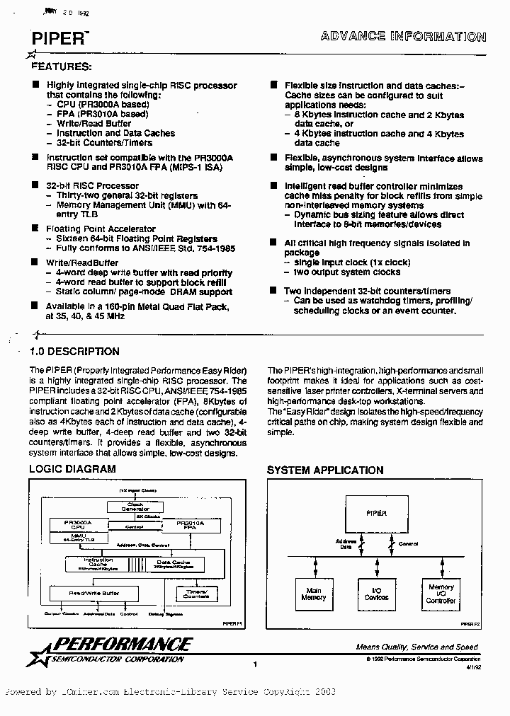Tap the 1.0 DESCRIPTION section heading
[x=74, y=352]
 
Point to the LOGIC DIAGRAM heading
[x=72, y=469]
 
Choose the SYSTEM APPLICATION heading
[x=324, y=470]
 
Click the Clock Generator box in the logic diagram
[x=135, y=507]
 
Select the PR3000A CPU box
[x=78, y=526]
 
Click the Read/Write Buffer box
[x=93, y=593]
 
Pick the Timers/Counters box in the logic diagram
[x=196, y=593]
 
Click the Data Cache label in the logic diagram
[x=172, y=564]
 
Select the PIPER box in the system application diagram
[x=376, y=514]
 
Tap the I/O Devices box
[x=376, y=594]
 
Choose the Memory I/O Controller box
[x=441, y=594]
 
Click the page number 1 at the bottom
[x=254, y=664]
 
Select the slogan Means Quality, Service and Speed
[x=416, y=647]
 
